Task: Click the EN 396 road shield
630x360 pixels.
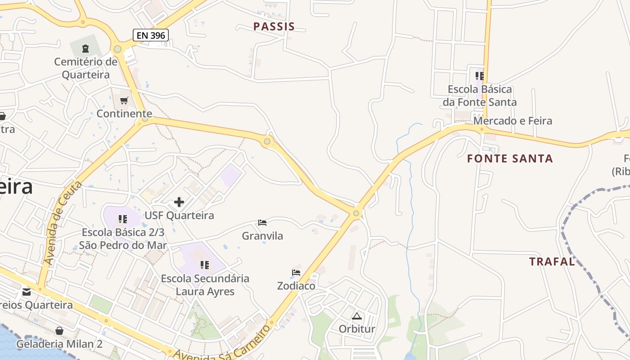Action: [x=151, y=35]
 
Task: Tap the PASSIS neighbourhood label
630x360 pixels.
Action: [x=274, y=27]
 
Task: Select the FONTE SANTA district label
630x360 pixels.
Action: [x=510, y=158]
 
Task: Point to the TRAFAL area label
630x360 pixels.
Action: [x=552, y=261]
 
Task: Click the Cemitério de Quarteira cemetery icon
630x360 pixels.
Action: [x=85, y=48]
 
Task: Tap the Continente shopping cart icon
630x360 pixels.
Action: [x=124, y=100]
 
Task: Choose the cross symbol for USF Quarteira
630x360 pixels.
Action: [x=179, y=202]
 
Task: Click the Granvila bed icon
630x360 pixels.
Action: [x=262, y=223]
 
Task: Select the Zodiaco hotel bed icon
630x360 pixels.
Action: [x=296, y=273]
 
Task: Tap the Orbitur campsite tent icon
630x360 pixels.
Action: [x=357, y=316]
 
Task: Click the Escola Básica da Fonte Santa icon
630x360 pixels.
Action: [x=479, y=76]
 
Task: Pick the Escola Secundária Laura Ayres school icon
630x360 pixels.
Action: [x=205, y=265]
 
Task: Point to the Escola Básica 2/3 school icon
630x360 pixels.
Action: [x=122, y=219]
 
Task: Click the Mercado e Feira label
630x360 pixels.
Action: [x=513, y=121]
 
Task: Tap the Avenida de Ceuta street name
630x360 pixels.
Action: [x=63, y=223]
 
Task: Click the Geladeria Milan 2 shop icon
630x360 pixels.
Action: [x=59, y=331]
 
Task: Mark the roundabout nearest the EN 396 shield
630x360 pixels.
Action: [x=118, y=49]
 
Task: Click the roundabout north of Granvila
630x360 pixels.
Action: [x=267, y=142]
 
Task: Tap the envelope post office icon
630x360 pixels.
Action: [x=27, y=292]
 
